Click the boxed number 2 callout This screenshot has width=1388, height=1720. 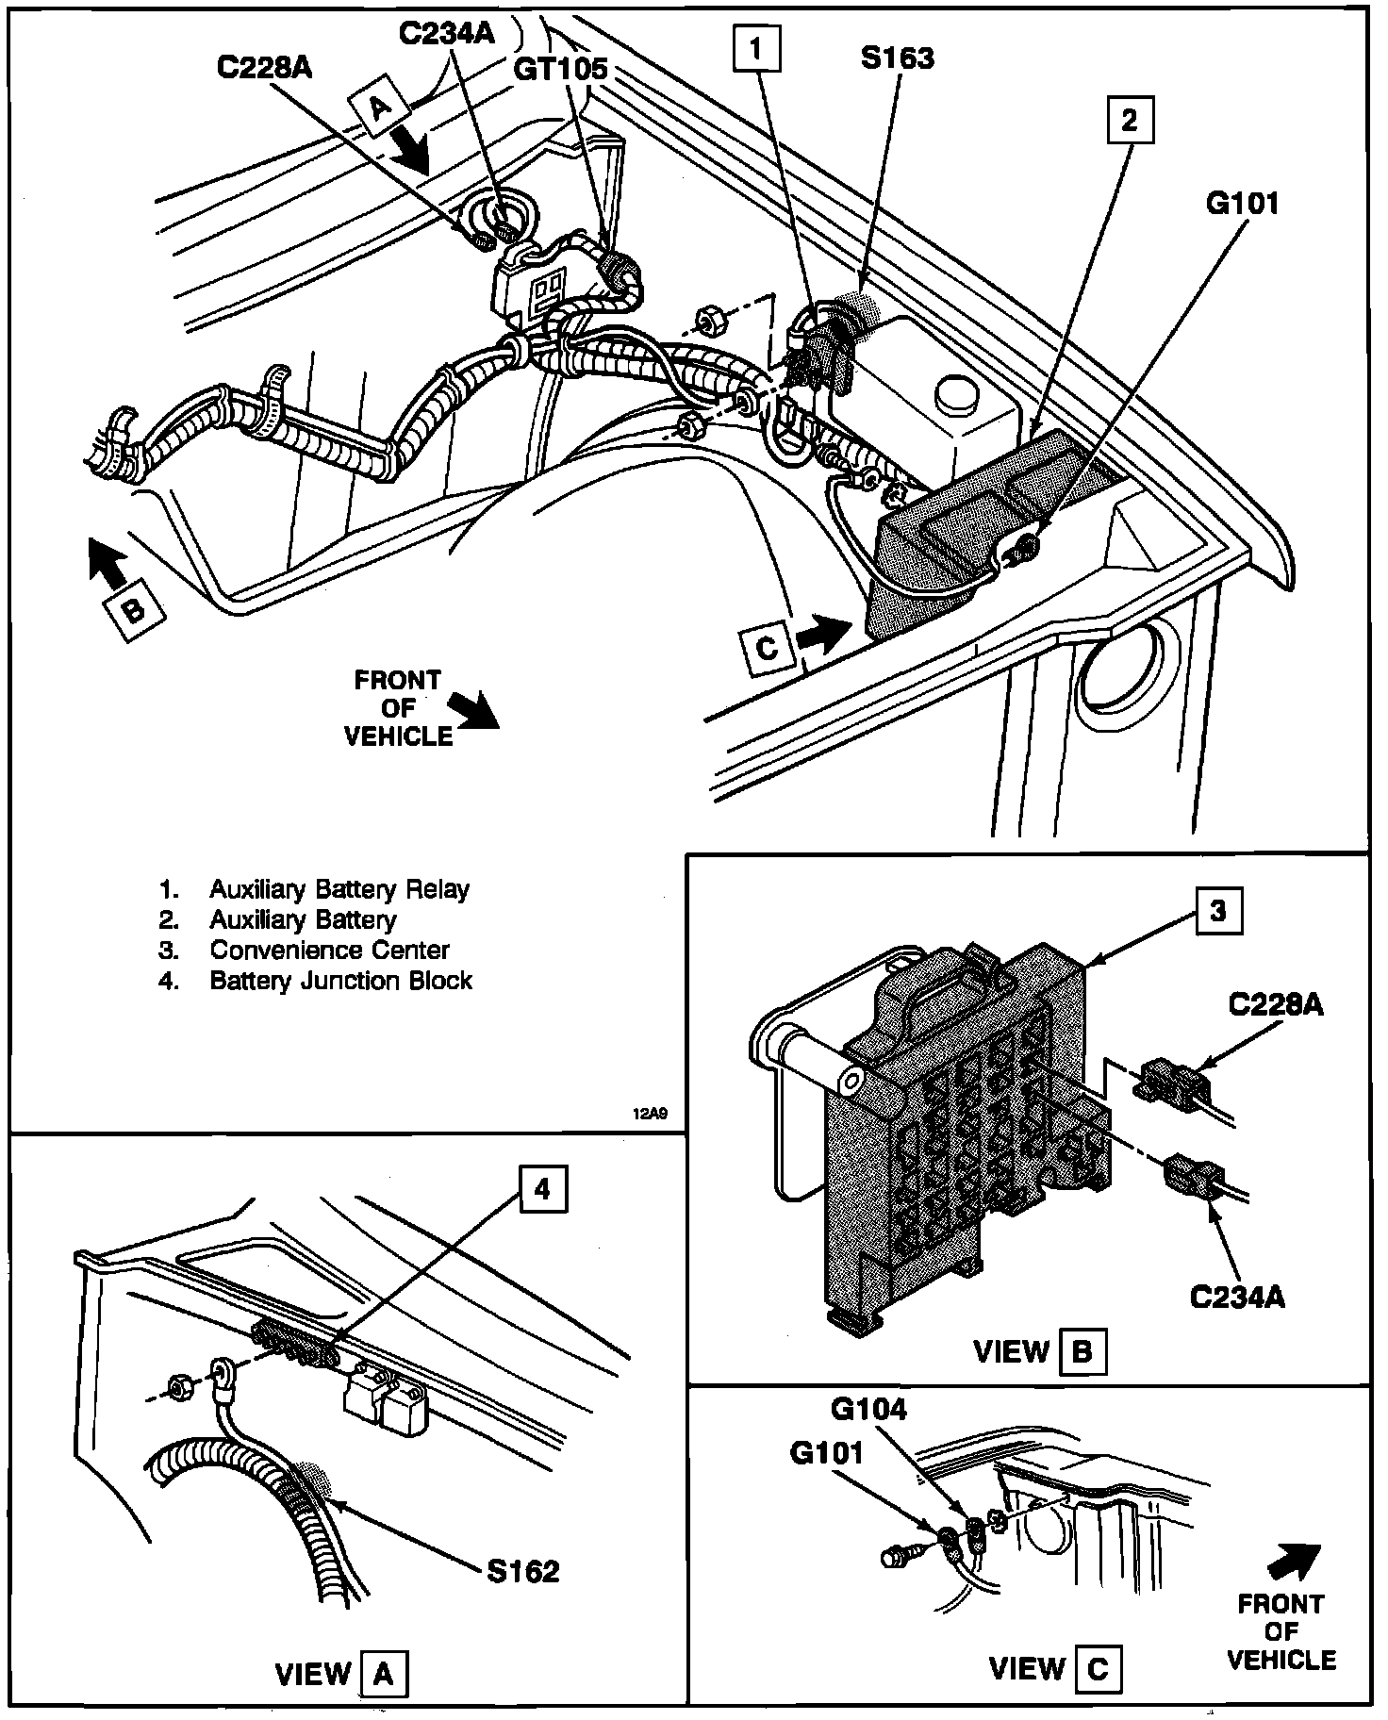click(x=1130, y=120)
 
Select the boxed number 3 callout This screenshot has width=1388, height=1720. click(x=1219, y=912)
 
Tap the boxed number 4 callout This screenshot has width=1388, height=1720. click(x=541, y=1190)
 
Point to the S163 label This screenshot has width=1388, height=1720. click(x=897, y=58)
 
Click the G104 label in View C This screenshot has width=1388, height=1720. click(x=868, y=1409)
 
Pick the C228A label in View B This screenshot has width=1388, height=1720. click(x=1276, y=1005)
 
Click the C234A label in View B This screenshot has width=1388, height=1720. click(x=1238, y=1298)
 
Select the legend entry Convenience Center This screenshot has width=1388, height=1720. click(x=329, y=950)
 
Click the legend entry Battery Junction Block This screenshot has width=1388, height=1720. click(x=340, y=981)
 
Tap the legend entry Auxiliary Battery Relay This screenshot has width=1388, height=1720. click(x=339, y=889)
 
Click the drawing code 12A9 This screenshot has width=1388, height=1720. click(x=651, y=1113)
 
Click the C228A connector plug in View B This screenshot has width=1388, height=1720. click(x=1172, y=1082)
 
